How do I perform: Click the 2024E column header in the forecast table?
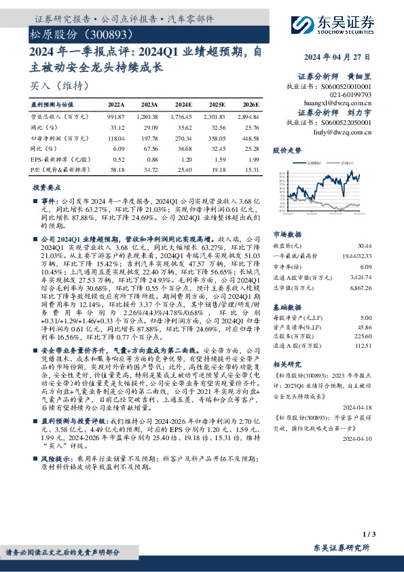pos(183,105)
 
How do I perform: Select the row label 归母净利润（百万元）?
pos(57,137)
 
